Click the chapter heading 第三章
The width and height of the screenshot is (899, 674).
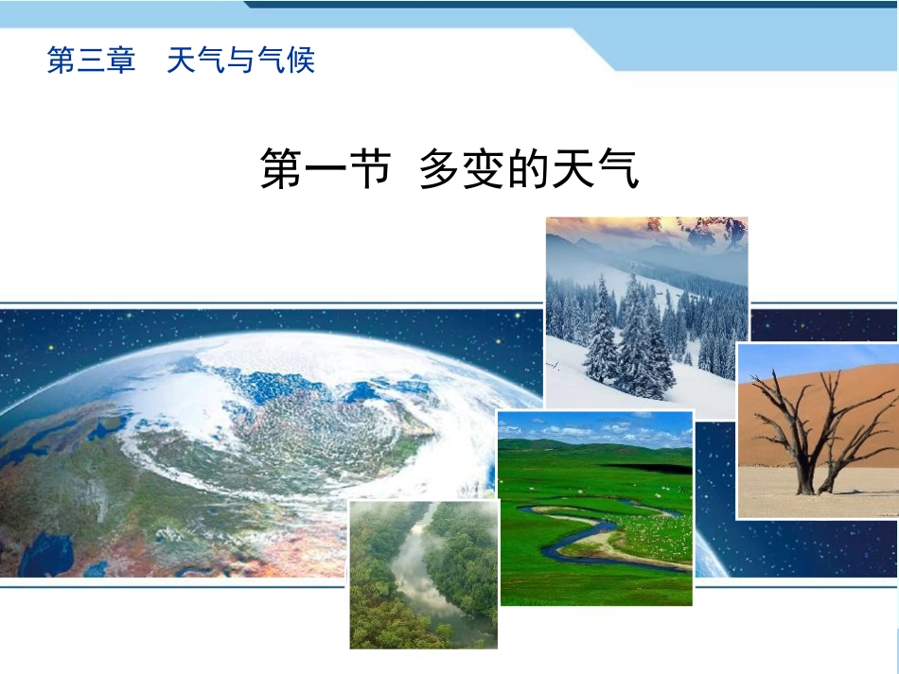point(91,60)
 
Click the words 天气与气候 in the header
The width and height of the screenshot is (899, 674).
point(240,60)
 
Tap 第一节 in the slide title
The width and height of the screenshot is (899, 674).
point(326,170)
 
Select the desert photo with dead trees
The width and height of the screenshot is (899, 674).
point(817,430)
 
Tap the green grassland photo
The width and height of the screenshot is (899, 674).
point(595,508)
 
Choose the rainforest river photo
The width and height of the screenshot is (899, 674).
point(423,574)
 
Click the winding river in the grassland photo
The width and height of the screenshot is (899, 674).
point(568,540)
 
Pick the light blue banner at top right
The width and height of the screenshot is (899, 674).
point(757,43)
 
